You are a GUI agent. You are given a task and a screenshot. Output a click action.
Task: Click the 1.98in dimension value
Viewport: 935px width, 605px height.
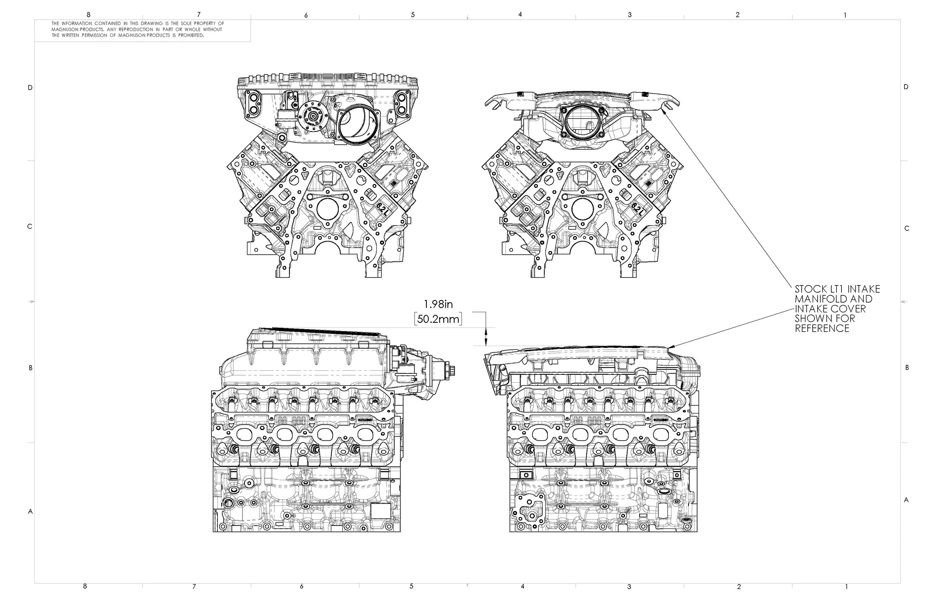[438, 305]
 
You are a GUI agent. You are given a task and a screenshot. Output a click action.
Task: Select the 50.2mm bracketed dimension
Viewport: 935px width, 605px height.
[438, 319]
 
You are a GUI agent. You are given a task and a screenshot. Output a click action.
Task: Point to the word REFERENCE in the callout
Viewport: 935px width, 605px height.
[822, 329]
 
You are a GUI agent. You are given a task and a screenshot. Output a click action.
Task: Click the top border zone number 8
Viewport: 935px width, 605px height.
[89, 15]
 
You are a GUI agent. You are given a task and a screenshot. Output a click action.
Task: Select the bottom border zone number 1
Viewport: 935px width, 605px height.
[846, 586]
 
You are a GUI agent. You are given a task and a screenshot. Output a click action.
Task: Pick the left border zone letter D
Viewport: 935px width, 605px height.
[30, 88]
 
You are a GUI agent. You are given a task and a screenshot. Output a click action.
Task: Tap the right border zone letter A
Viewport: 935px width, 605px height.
[906, 500]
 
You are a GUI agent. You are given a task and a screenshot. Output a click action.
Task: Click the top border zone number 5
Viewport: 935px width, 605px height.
[413, 15]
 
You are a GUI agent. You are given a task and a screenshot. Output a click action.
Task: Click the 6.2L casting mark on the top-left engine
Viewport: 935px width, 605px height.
[382, 209]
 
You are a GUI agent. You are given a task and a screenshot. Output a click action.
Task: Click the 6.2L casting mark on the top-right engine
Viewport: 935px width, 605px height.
[637, 209]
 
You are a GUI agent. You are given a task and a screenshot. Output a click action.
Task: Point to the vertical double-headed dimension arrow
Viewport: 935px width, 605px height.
[486, 337]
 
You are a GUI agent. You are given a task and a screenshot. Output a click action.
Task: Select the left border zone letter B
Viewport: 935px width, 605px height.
[30, 368]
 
